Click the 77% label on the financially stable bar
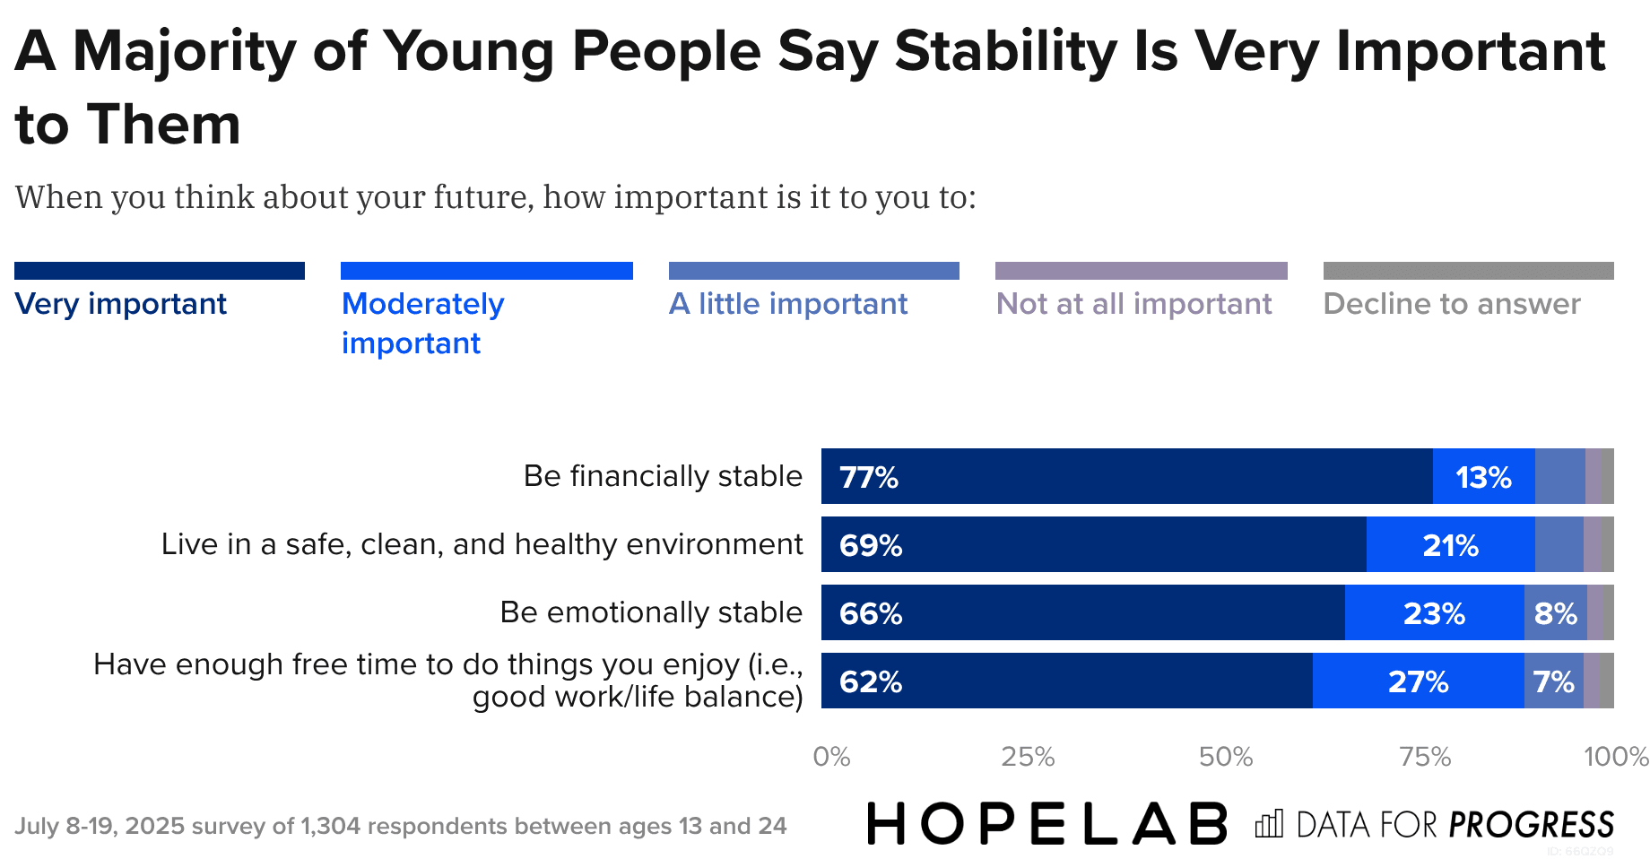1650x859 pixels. click(x=868, y=477)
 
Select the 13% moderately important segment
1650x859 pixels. click(x=1483, y=477)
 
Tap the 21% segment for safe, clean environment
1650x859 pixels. click(x=1450, y=545)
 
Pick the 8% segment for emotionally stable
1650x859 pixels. click(x=1555, y=613)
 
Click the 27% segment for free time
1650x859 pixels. click(x=1418, y=681)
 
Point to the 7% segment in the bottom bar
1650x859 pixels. click(x=1553, y=681)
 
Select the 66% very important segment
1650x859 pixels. click(x=1082, y=613)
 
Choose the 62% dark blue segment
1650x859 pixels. click(x=1066, y=681)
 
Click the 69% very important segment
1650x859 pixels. click(x=1093, y=545)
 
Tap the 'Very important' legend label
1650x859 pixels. click(x=121, y=304)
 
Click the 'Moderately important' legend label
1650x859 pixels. click(x=422, y=323)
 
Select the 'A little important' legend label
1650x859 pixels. click(x=788, y=304)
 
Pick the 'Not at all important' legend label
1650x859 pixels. click(x=1133, y=304)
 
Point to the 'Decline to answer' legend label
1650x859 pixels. click(x=1452, y=304)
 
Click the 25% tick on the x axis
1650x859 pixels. click(x=1028, y=757)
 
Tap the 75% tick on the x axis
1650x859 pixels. click(x=1425, y=757)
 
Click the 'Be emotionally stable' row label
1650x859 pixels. click(x=651, y=612)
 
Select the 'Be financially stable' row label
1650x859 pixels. click(x=663, y=476)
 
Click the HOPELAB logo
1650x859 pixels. click(x=1046, y=824)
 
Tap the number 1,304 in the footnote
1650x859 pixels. click(x=331, y=826)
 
